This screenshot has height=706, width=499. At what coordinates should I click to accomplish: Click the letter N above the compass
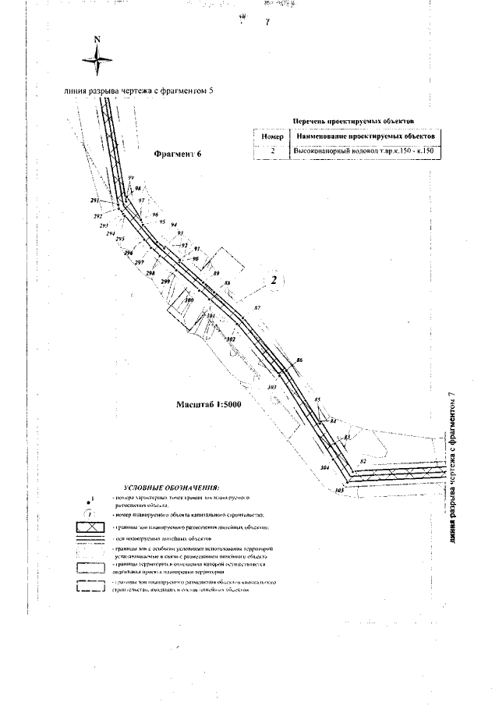pyautogui.click(x=97, y=39)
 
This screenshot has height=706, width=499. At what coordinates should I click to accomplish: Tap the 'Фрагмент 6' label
pyautogui.click(x=178, y=154)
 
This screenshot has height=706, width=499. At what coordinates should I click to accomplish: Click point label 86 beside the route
pyautogui.click(x=299, y=360)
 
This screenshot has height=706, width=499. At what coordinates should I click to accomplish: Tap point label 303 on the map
pyautogui.click(x=271, y=386)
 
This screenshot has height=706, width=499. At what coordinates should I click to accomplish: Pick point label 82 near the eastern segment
pyautogui.click(x=363, y=462)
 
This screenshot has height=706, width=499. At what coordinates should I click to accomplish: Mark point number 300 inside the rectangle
pyautogui.click(x=188, y=300)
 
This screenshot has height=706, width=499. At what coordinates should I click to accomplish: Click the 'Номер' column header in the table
pyautogui.click(x=270, y=136)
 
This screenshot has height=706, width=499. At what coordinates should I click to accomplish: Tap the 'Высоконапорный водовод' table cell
pyautogui.click(x=364, y=149)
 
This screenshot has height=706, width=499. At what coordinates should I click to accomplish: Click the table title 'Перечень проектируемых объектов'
pyautogui.click(x=352, y=121)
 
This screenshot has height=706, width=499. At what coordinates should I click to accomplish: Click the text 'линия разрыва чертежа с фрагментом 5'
pyautogui.click(x=138, y=90)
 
